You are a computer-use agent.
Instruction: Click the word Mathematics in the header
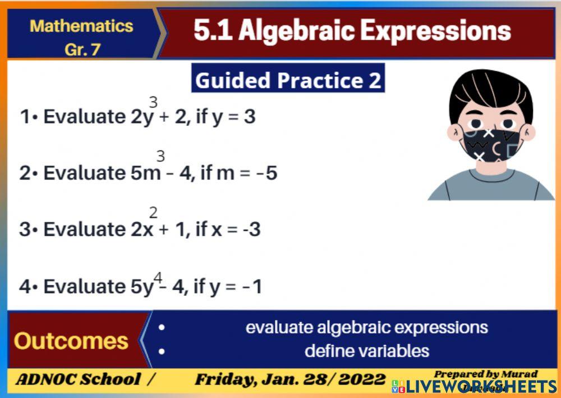coord(81,26)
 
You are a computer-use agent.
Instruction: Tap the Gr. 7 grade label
coord(82,49)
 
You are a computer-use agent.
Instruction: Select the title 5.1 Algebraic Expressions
coord(352,31)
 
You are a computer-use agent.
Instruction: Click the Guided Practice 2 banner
coord(288,80)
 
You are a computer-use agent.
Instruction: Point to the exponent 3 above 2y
coord(153,102)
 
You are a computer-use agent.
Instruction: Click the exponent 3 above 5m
coord(160,157)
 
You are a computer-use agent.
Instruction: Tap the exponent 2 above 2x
coord(153,213)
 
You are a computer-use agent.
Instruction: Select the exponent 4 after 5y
coord(158,278)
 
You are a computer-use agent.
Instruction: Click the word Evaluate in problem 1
coord(82,117)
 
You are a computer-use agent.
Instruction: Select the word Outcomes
coord(71,341)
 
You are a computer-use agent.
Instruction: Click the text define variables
coord(367,351)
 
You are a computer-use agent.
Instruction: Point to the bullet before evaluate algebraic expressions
coord(162,327)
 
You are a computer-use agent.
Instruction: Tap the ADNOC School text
coord(78,379)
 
